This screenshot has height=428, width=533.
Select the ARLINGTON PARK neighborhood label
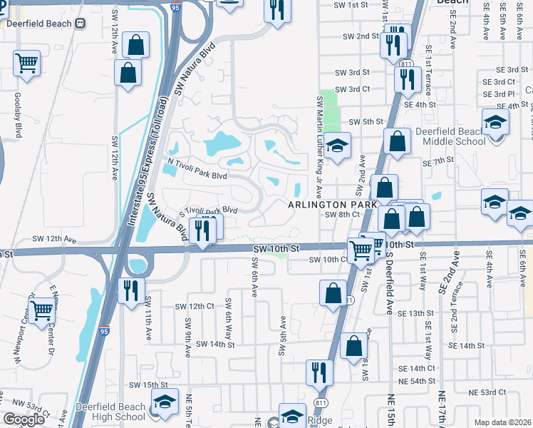click(x=331, y=205)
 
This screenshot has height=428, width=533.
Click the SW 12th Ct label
click(x=195, y=306)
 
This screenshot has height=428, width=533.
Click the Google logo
click(x=24, y=419)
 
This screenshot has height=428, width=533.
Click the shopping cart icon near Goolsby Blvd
click(x=26, y=63)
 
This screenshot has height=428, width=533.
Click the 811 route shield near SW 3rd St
click(x=406, y=64)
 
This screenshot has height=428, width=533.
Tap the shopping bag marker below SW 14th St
click(x=354, y=347)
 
